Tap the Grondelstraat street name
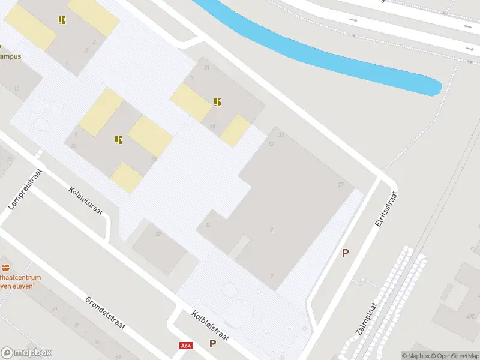pyautogui.click(x=104, y=313)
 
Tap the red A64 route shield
pyautogui.click(x=187, y=346)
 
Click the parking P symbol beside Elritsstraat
pyautogui.click(x=345, y=253)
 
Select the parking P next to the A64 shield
pyautogui.click(x=212, y=343)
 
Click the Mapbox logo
pyautogui.click(x=26, y=353)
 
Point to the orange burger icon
pyautogui.click(x=6, y=267)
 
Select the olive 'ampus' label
pyautogui.click(x=10, y=56)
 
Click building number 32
pyautogui.click(x=158, y=234)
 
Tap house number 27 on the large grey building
pyautogui.click(x=341, y=184)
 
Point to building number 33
pyautogui.click(x=281, y=135)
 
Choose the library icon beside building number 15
pyautogui.click(x=217, y=102)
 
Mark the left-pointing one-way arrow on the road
pyautogui.click(x=468, y=27)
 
